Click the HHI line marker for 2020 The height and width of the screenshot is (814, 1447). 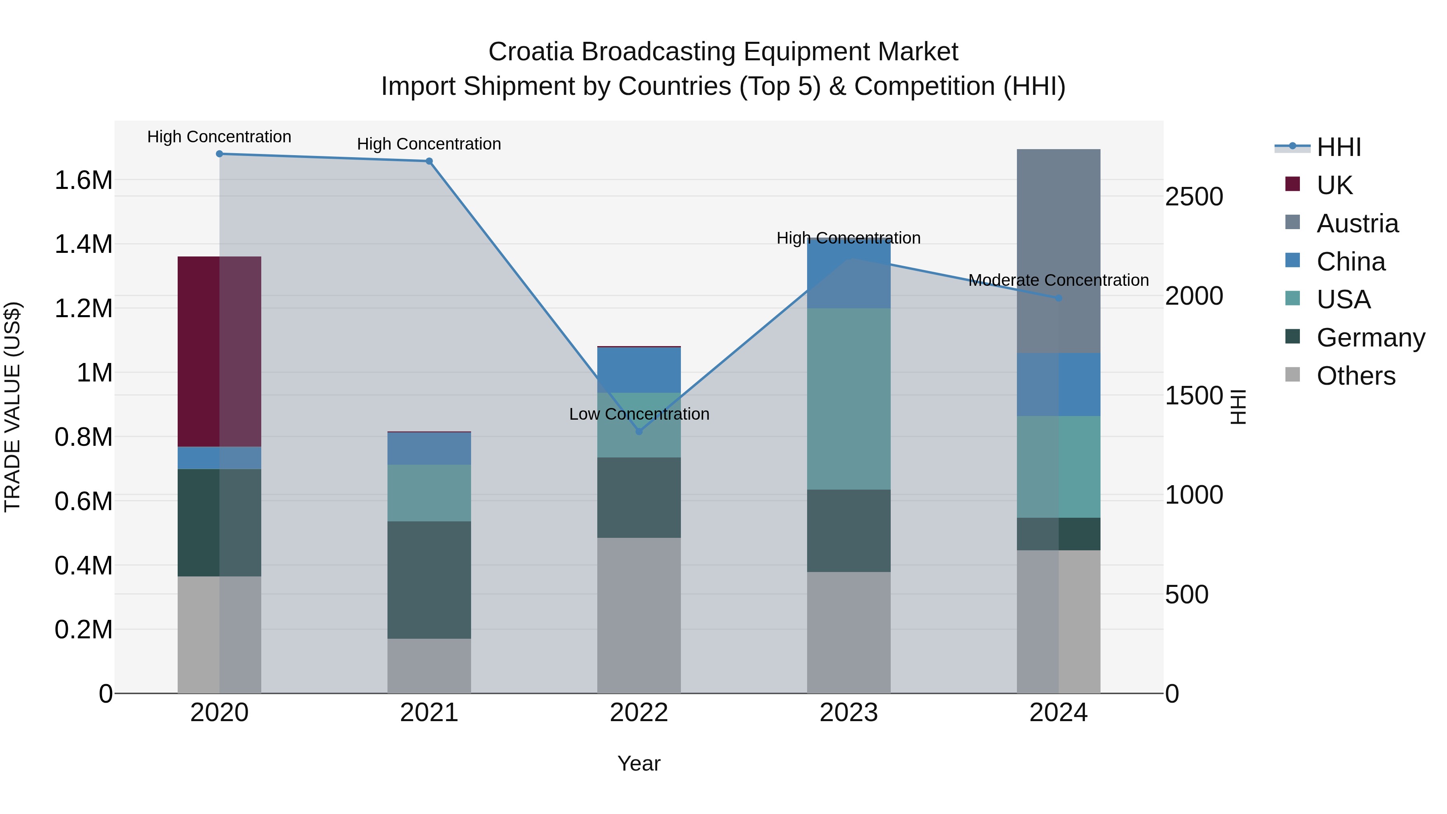(219, 154)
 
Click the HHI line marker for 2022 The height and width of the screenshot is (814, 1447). (639, 431)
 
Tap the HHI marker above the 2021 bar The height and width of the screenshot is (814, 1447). (429, 161)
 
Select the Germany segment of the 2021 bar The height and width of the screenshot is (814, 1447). (429, 580)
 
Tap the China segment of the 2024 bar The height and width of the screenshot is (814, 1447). (1058, 384)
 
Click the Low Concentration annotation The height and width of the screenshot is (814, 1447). (639, 414)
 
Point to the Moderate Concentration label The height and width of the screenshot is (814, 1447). (1058, 280)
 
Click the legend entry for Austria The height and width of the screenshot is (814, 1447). (1357, 223)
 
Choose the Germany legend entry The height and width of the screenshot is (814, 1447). (1371, 338)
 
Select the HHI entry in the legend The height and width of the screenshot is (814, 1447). (1338, 147)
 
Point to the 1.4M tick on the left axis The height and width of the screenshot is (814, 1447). (84, 244)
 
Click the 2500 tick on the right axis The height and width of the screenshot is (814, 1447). (1194, 197)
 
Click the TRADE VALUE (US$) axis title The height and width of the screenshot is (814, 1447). (12, 407)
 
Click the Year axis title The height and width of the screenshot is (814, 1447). (639, 763)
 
